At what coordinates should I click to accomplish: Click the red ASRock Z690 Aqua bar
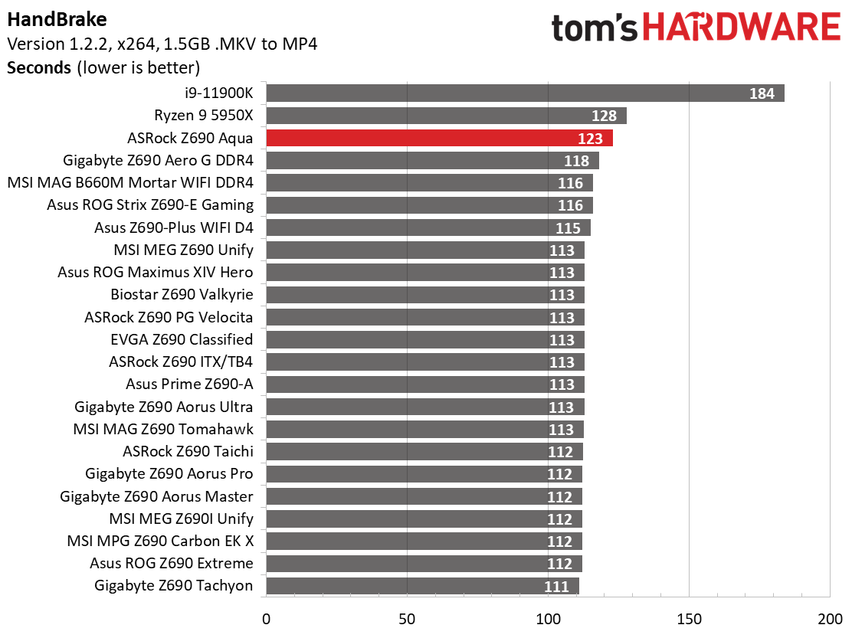pyautogui.click(x=439, y=138)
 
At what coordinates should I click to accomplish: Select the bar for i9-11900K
pyautogui.click(x=525, y=93)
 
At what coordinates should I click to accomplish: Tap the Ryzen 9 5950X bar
pyautogui.click(x=446, y=116)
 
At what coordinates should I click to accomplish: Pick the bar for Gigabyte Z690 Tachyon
pyautogui.click(x=422, y=586)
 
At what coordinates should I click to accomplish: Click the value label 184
pyautogui.click(x=762, y=93)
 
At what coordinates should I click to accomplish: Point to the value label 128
pyautogui.click(x=605, y=116)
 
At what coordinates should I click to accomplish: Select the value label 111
pyautogui.click(x=556, y=587)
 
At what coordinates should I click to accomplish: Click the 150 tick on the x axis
pyautogui.click(x=689, y=619)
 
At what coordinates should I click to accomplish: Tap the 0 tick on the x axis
pyautogui.click(x=267, y=619)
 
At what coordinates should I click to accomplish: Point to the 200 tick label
pyautogui.click(x=831, y=619)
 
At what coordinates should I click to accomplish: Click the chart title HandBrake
pyautogui.click(x=57, y=20)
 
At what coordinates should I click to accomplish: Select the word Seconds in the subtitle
pyautogui.click(x=39, y=68)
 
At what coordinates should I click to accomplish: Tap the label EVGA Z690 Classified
pyautogui.click(x=182, y=339)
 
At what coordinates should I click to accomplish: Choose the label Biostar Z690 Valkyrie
pyautogui.click(x=182, y=294)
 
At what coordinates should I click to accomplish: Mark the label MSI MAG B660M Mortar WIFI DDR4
pyautogui.click(x=130, y=182)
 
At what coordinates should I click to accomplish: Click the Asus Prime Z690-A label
pyautogui.click(x=189, y=384)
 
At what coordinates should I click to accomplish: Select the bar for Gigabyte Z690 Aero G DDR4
pyautogui.click(x=433, y=160)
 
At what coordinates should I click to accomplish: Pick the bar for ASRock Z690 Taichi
pyautogui.click(x=424, y=451)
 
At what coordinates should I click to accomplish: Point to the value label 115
pyautogui.click(x=568, y=228)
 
